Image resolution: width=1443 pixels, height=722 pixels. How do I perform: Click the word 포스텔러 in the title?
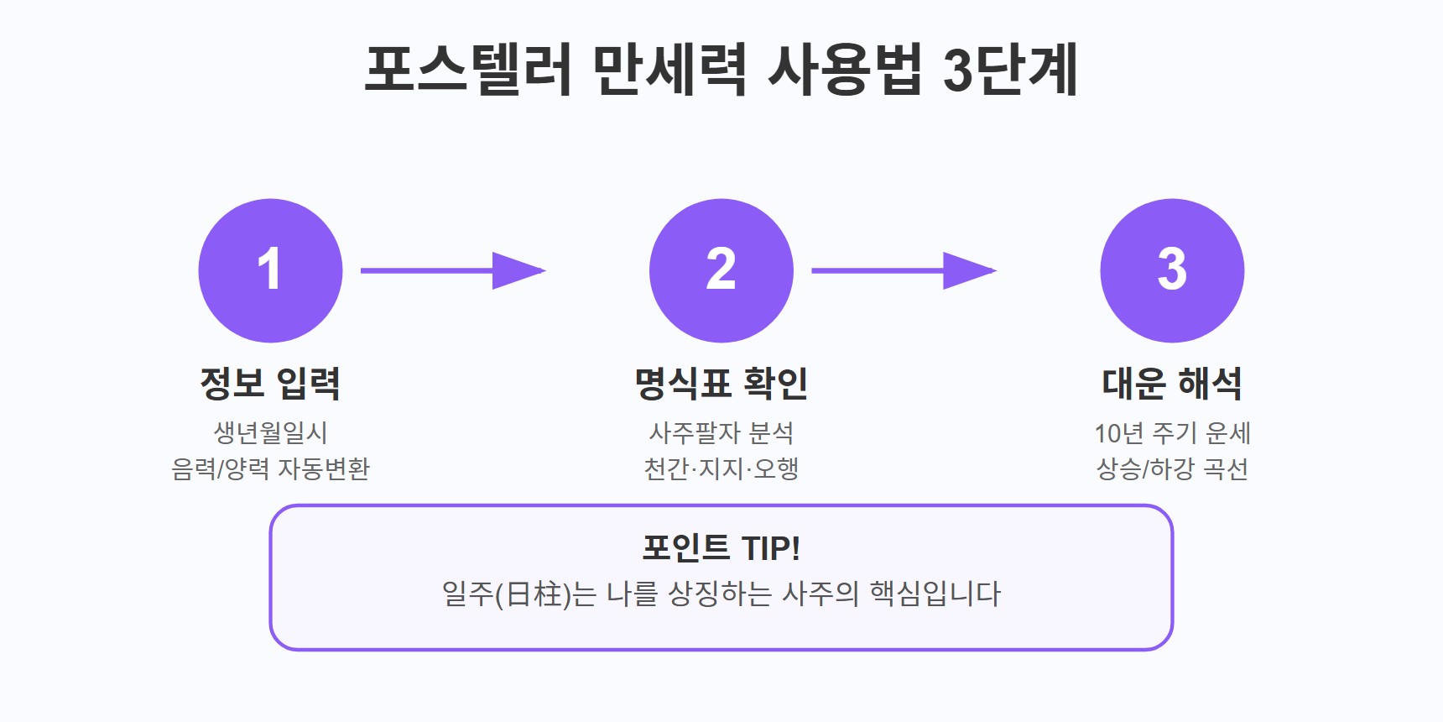468,69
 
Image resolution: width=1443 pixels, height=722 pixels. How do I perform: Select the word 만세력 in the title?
669,69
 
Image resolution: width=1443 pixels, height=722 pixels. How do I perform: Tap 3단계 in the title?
1010,69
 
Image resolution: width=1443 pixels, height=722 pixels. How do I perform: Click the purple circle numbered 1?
270,270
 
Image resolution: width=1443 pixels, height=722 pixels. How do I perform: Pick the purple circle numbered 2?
721,270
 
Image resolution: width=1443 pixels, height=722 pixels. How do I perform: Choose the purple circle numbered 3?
1172,270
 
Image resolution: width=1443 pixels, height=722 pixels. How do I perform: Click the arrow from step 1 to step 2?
453,270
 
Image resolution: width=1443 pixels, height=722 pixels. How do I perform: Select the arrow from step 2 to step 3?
904,270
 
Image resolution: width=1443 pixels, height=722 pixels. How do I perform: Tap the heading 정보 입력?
270,384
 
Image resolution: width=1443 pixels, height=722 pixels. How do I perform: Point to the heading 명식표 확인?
721,384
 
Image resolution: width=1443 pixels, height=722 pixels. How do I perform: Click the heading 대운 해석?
1172,384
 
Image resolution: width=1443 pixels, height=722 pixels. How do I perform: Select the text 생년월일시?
270,433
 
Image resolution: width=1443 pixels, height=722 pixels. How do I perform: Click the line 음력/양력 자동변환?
270,468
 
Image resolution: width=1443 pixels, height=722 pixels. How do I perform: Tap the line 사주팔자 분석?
721,433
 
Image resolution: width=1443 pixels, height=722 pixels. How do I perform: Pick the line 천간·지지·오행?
721,468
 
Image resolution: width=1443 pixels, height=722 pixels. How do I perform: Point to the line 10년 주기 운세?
1172,433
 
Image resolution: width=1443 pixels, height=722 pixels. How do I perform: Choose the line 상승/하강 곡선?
1172,468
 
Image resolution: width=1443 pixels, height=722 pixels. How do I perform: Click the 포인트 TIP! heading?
721,548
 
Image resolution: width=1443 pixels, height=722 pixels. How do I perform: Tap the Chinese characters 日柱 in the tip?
534,594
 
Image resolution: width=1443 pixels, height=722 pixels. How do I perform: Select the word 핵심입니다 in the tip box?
935,594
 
